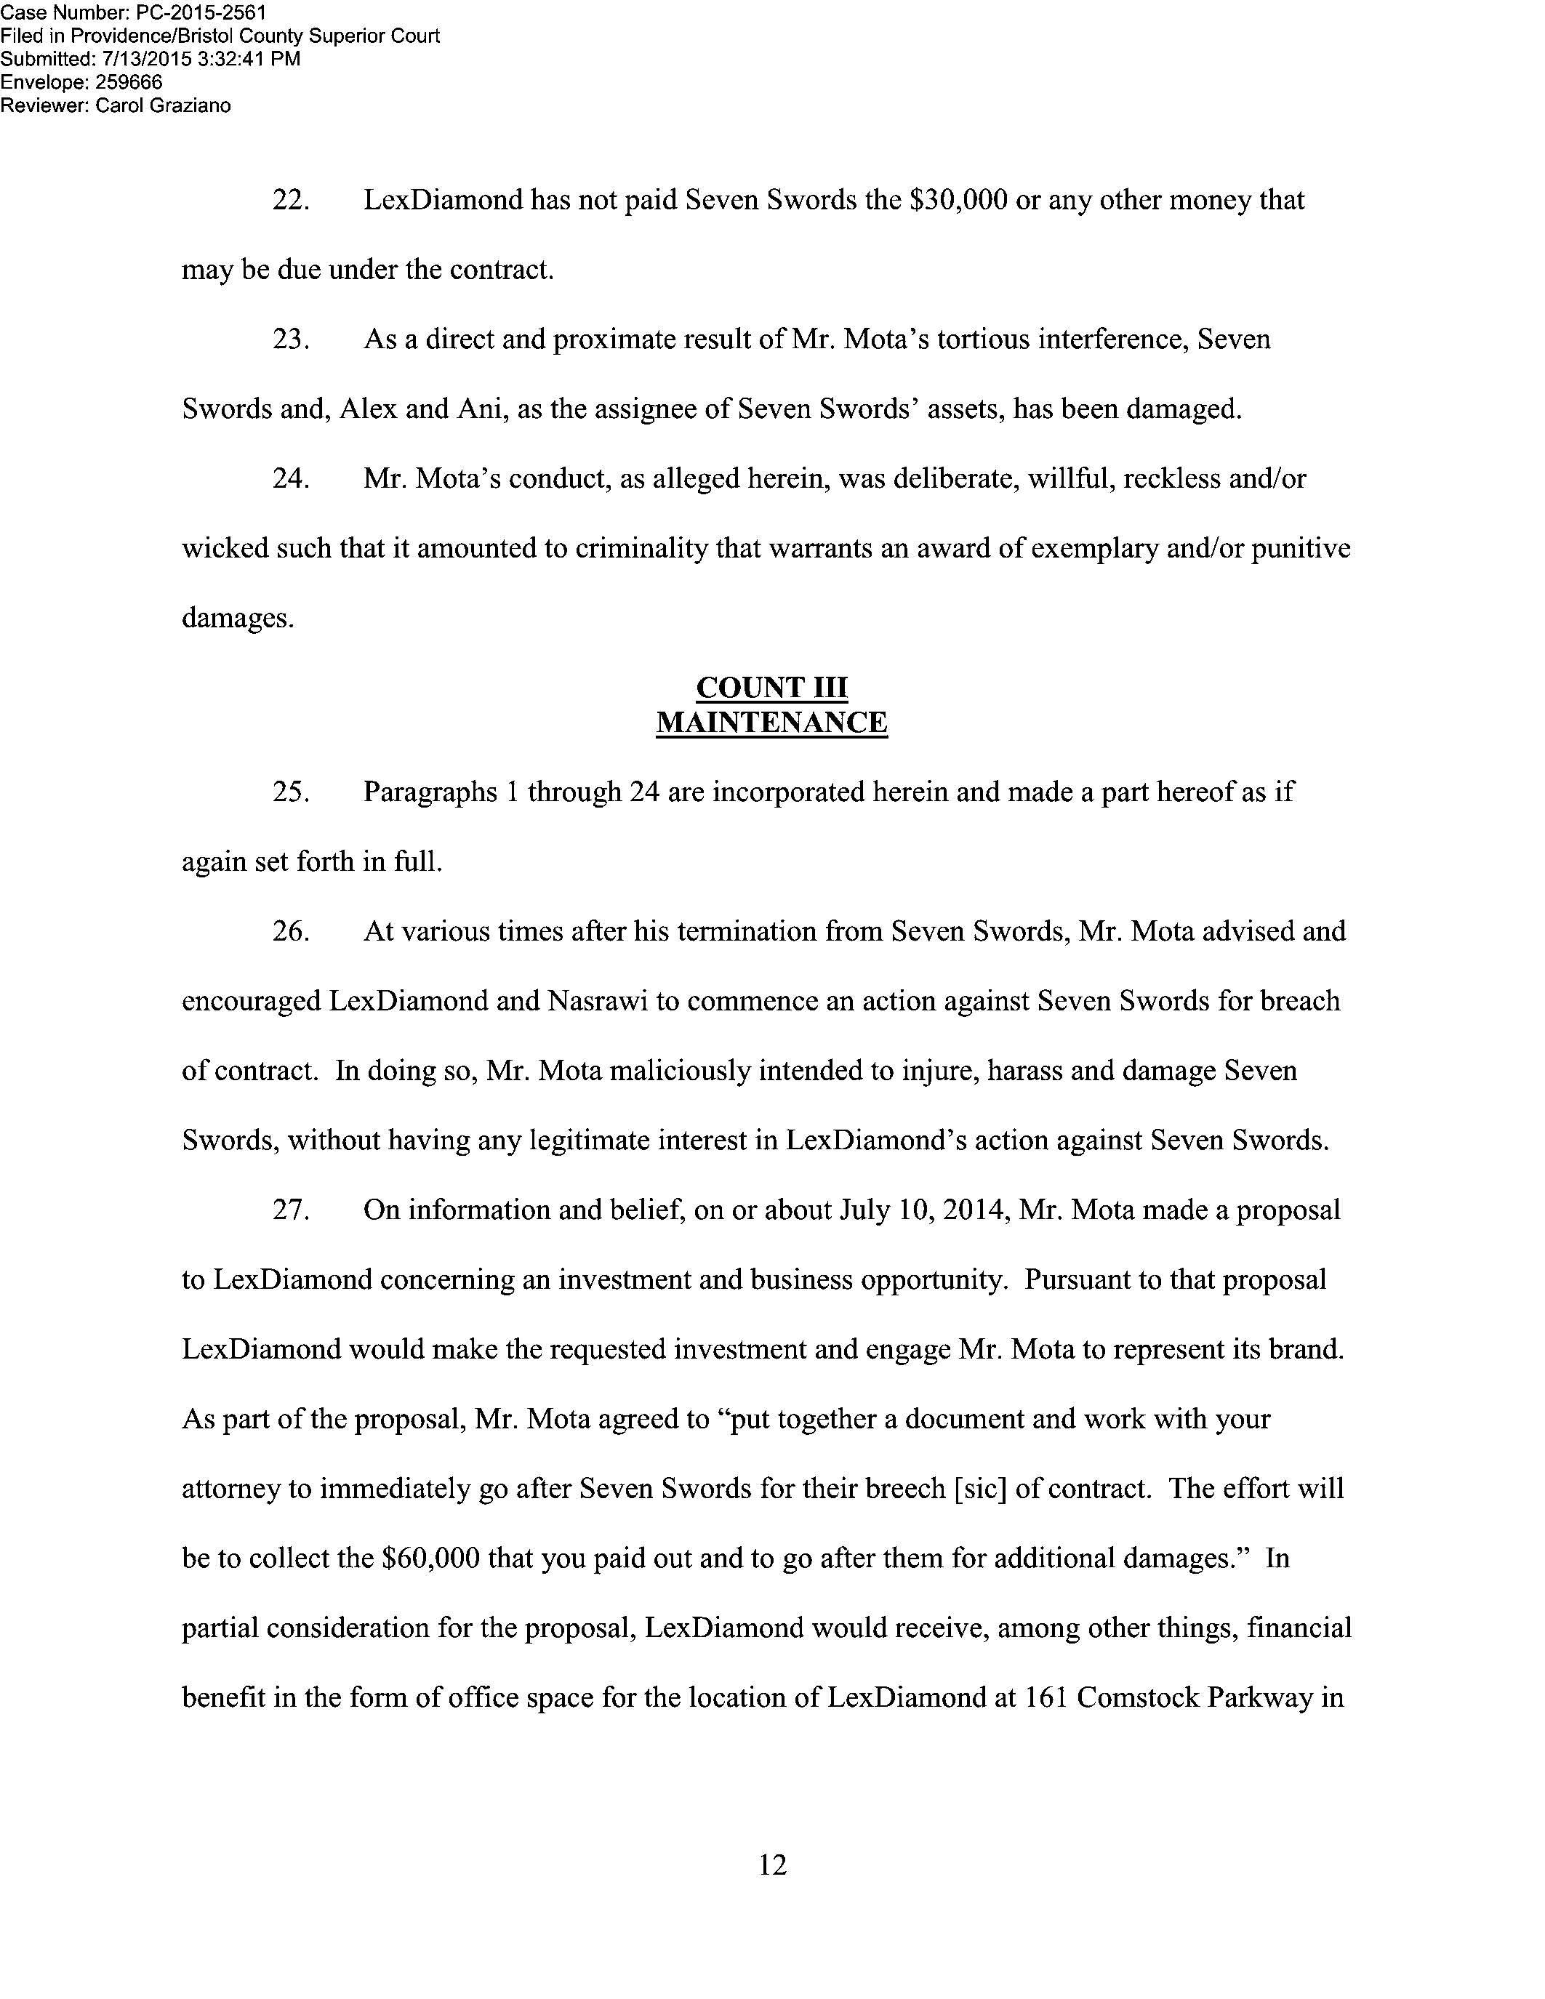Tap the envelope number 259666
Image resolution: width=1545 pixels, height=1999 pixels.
129,82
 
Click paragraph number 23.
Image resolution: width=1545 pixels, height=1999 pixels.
290,339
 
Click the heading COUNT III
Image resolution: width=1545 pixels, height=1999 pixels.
771,688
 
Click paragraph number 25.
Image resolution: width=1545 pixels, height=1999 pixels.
290,792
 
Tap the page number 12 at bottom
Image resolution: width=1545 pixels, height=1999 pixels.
772,1865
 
